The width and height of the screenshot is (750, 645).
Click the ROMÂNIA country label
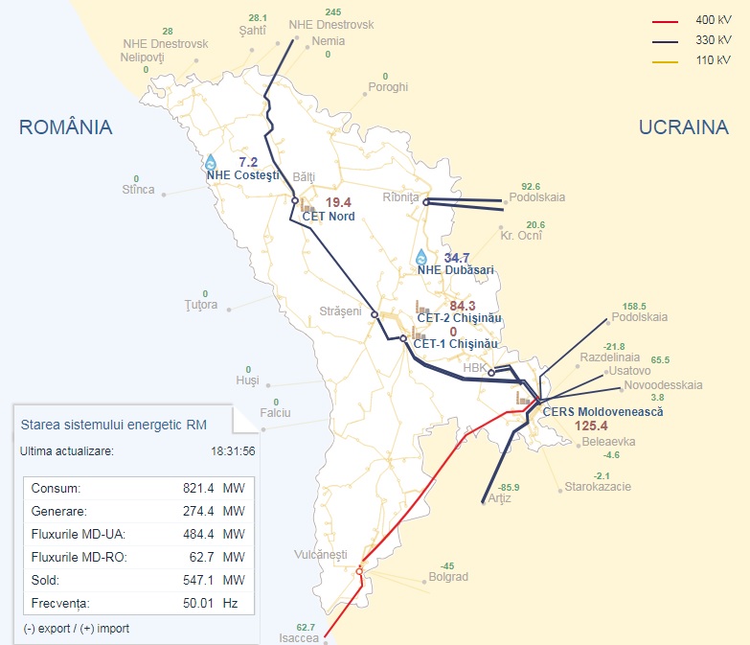(x=66, y=127)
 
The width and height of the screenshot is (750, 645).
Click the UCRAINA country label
(x=684, y=127)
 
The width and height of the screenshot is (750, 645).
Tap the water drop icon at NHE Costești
(x=211, y=162)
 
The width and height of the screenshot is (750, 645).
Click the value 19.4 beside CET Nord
(x=338, y=202)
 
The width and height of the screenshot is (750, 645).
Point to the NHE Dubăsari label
(x=455, y=270)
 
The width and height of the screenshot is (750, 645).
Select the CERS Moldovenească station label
(x=602, y=411)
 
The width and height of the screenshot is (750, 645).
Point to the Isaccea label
(x=300, y=637)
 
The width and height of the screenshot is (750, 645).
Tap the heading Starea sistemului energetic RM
(x=113, y=423)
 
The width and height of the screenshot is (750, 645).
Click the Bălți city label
(x=303, y=178)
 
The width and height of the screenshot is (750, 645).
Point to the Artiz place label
(x=500, y=498)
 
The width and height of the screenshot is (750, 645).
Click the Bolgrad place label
(x=447, y=577)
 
